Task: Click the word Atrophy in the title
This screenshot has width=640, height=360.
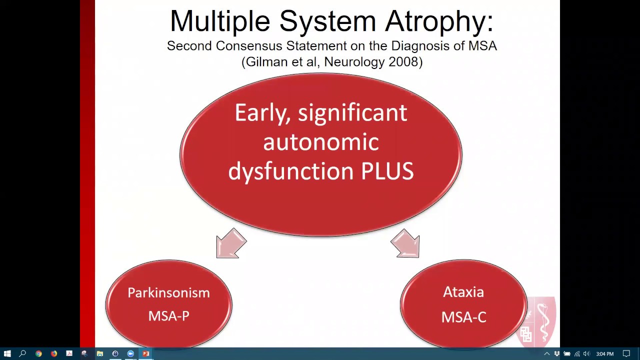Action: [439, 21]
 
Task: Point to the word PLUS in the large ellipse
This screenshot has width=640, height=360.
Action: [387, 171]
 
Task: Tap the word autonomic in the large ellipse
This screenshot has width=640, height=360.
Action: [320, 142]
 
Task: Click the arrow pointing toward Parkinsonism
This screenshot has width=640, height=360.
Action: [231, 243]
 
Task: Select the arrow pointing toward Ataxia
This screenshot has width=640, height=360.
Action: [405, 243]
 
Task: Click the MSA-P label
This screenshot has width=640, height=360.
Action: [168, 316]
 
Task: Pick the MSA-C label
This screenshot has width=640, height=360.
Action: [463, 317]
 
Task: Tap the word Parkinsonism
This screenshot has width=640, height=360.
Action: [168, 293]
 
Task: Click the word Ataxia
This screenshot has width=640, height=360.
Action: [463, 292]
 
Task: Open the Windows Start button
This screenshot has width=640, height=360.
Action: [7, 354]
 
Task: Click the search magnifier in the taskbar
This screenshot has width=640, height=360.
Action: [22, 354]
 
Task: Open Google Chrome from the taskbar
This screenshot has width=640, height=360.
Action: [38, 354]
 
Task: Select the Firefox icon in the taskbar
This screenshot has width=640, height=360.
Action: [54, 354]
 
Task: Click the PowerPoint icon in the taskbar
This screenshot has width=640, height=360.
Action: [146, 354]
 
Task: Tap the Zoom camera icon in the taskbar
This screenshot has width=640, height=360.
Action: [130, 354]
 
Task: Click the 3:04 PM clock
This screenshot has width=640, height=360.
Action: [604, 354]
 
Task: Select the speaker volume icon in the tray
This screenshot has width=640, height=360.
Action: [586, 354]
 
